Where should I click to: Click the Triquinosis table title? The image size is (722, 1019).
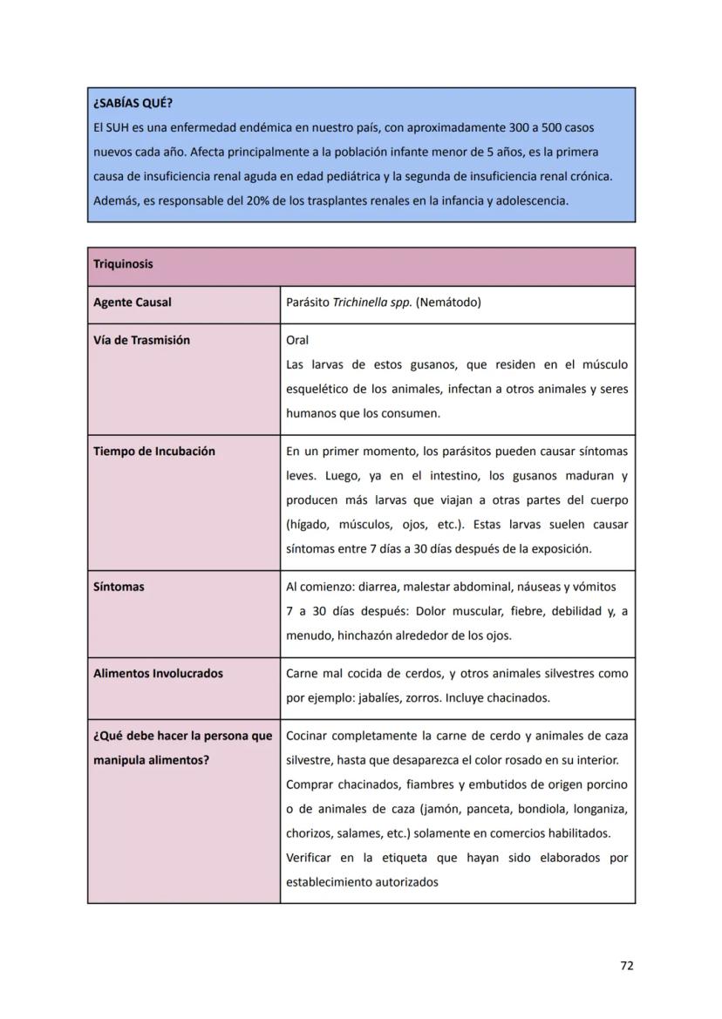[x=123, y=264]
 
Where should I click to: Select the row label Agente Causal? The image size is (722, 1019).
[x=132, y=302]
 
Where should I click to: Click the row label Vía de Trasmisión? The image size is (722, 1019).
[x=141, y=340]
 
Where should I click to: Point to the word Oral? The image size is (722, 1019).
[x=297, y=340]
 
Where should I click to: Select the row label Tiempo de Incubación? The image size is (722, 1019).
[x=153, y=451]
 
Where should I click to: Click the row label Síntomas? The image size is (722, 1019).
[x=119, y=587]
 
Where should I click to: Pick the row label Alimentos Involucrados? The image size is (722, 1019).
[x=158, y=673]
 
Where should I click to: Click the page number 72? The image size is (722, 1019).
[x=626, y=965]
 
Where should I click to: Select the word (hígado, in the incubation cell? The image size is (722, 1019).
[x=310, y=525]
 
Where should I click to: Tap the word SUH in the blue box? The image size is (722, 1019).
[x=117, y=128]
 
